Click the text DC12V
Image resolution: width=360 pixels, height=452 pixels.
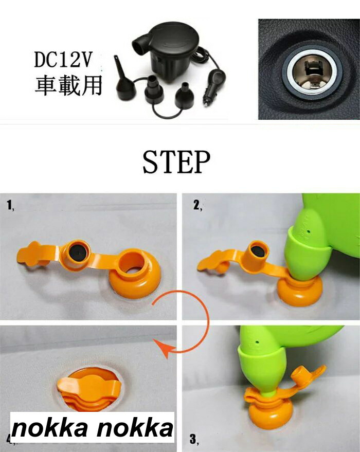[x=63, y=60]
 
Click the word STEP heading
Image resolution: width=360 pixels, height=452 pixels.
[x=176, y=162]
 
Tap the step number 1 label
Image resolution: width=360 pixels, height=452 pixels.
[x=10, y=206]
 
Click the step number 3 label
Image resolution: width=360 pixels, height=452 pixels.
[x=194, y=439]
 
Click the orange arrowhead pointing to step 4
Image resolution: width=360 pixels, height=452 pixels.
[x=162, y=348]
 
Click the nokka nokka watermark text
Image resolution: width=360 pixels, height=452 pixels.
[x=93, y=428]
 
